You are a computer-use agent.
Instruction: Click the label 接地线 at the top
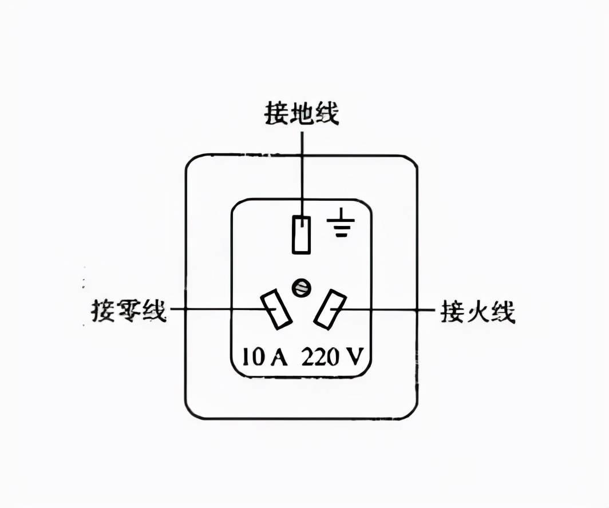click(x=301, y=113)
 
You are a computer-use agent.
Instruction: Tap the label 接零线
click(x=129, y=311)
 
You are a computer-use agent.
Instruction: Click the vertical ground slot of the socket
click(x=301, y=235)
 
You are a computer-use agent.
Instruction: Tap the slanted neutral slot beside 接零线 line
click(x=276, y=309)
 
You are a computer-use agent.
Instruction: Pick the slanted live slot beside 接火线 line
click(x=330, y=309)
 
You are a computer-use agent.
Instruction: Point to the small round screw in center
click(x=300, y=288)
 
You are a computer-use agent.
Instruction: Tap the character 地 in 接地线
click(x=301, y=113)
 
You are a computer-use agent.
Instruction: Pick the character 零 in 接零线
click(x=129, y=311)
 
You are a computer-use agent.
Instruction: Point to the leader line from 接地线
click(x=302, y=172)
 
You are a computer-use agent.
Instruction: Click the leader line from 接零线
click(x=217, y=309)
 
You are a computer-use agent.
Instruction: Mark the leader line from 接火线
click(x=389, y=309)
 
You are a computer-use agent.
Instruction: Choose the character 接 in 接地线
click(x=276, y=113)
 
